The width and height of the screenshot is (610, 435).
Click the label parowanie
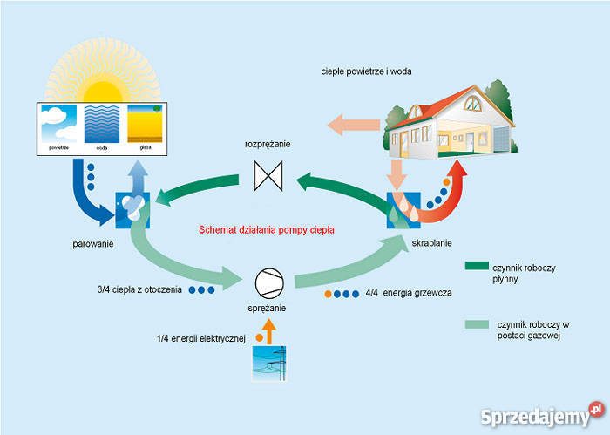[94, 243]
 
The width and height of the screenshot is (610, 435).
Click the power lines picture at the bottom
[268, 364]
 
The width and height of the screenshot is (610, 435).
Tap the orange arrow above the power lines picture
[268, 330]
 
